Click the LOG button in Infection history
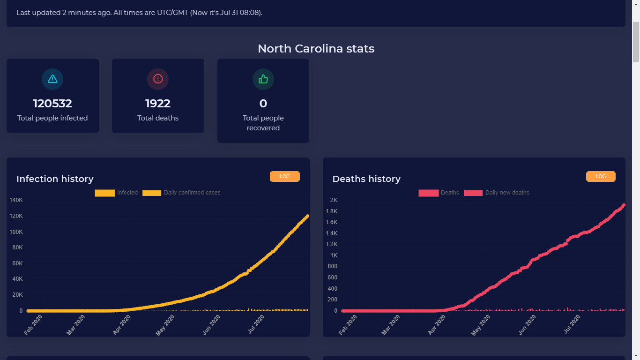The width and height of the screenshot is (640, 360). pos(284,176)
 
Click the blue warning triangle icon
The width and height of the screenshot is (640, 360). pos(52,79)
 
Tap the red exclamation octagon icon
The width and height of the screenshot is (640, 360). pos(158,79)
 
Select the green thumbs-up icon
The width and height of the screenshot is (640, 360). pos(263,79)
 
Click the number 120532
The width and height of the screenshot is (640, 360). pos(52,104)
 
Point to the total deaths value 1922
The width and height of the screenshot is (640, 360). pos(158,104)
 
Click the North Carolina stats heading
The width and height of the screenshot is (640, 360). pos(316,49)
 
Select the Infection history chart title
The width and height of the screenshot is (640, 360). pos(55,179)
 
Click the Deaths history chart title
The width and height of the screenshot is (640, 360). pos(366,179)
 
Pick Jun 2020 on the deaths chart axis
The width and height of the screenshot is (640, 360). pos(528,325)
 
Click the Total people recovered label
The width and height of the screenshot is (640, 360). pos(263,123)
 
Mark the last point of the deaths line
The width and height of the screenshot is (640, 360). pos(624,205)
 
